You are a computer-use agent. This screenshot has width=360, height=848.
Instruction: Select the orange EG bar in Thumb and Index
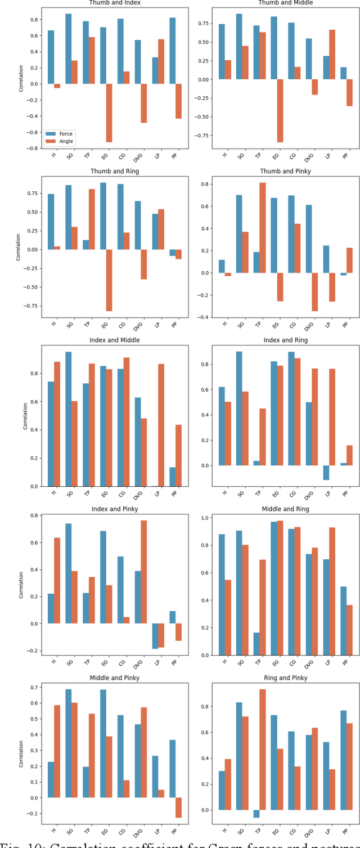(x=109, y=113)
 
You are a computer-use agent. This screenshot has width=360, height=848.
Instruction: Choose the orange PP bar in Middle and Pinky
(x=178, y=807)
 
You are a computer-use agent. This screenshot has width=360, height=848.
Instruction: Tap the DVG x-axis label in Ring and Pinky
(x=315, y=834)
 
